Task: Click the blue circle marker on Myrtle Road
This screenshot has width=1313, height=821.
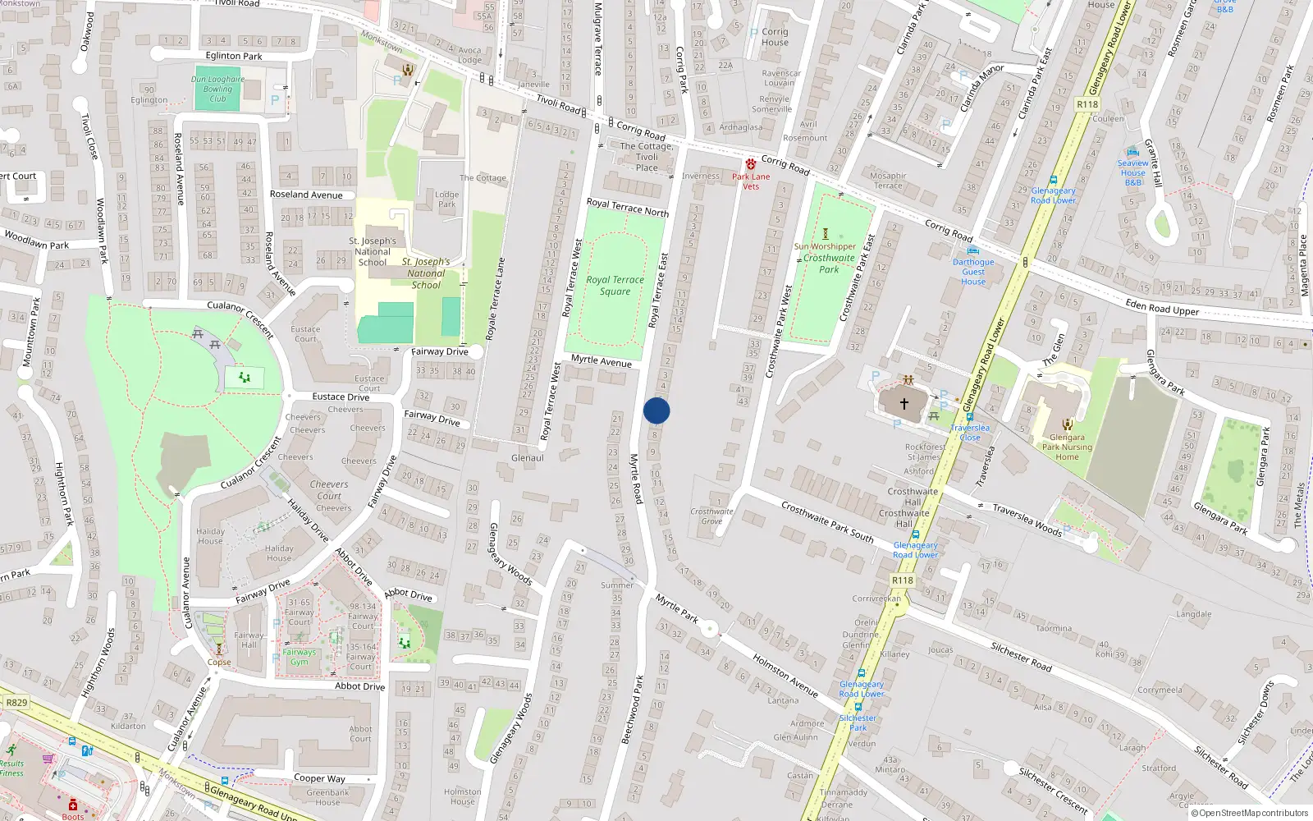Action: (x=656, y=410)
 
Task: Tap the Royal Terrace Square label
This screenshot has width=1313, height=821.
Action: (x=615, y=285)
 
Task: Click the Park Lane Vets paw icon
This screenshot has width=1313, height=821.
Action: (x=750, y=164)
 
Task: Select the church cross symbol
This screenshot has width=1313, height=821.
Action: (x=904, y=404)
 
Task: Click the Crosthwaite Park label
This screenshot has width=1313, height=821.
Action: (x=829, y=263)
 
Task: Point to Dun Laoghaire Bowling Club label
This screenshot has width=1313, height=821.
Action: (x=217, y=89)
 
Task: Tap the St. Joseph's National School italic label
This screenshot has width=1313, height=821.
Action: (x=426, y=273)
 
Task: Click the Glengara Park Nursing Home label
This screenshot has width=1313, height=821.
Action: (x=1067, y=447)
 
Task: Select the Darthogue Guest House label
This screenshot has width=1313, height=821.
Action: (x=973, y=272)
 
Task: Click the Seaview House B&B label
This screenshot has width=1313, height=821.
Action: (x=1132, y=172)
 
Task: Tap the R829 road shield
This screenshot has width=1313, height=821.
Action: (x=16, y=702)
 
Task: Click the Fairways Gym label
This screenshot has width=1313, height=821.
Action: (x=299, y=657)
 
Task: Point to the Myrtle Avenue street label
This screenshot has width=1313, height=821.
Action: (x=602, y=361)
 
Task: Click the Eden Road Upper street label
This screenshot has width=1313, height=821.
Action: (x=1162, y=307)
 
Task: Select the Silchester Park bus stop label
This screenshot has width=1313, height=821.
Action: (x=858, y=722)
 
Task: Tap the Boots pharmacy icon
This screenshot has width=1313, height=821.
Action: (x=72, y=805)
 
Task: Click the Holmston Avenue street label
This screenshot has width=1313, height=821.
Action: (x=785, y=676)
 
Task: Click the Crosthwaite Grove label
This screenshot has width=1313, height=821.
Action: (x=711, y=516)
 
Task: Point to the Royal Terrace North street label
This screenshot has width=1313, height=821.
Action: (x=628, y=207)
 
